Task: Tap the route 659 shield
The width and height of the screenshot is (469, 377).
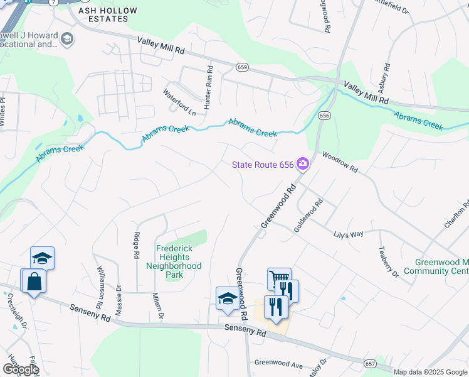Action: point(242,67)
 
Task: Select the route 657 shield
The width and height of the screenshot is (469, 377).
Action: point(371,364)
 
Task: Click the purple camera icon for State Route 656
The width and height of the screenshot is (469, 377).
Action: point(303,164)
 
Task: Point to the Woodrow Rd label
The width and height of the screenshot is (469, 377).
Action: point(340,161)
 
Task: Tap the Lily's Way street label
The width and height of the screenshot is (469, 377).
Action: point(347,234)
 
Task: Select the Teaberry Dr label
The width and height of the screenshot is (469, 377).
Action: point(388,261)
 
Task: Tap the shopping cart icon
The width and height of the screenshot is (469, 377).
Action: point(279,278)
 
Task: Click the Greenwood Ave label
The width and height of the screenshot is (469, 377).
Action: point(278,364)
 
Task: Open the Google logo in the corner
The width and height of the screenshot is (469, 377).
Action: point(20,369)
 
